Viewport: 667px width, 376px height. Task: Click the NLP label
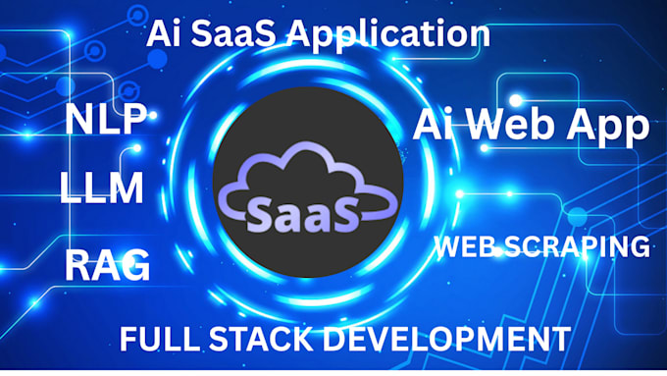tap(106, 121)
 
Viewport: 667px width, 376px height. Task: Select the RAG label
tap(107, 265)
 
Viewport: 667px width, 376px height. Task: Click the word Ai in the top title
tap(163, 35)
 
